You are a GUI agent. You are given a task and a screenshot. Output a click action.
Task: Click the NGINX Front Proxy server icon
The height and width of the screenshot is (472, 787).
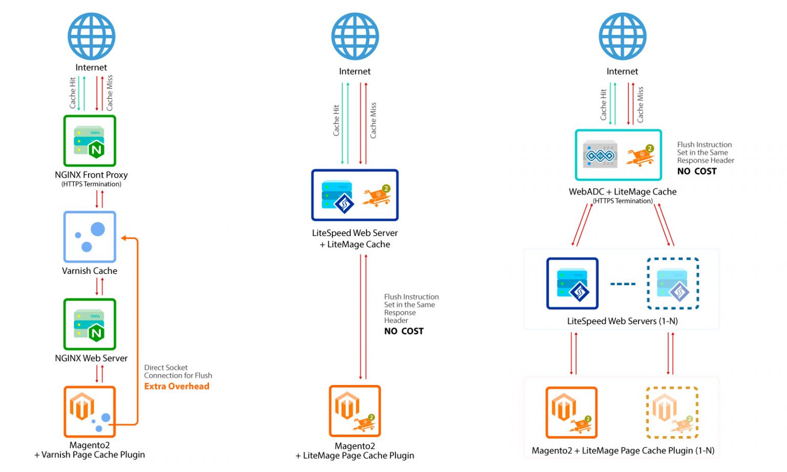pyautogui.click(x=90, y=141)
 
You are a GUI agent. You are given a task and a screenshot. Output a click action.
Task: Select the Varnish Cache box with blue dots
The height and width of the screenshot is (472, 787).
pyautogui.click(x=90, y=237)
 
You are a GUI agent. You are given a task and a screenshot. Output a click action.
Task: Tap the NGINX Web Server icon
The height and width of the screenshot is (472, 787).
pyautogui.click(x=90, y=324)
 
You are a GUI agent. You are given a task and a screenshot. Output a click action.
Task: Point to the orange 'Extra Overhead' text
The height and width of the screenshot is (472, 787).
pyautogui.click(x=177, y=387)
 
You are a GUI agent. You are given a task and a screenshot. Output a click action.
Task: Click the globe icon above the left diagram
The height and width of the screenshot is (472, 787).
pyautogui.click(x=91, y=36)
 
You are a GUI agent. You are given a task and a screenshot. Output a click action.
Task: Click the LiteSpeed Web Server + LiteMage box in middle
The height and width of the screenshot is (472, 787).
pyautogui.click(x=355, y=195)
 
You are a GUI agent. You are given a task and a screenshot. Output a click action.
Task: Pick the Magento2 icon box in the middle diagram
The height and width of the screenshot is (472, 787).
pyautogui.click(x=355, y=411)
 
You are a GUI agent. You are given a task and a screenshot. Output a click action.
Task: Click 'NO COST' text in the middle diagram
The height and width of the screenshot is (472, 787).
pyautogui.click(x=404, y=331)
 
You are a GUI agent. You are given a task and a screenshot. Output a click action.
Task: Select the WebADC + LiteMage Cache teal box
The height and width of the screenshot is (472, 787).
pyautogui.click(x=618, y=155)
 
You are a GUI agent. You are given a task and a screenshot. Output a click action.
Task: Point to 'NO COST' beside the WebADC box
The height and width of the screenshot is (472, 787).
pyautogui.click(x=697, y=171)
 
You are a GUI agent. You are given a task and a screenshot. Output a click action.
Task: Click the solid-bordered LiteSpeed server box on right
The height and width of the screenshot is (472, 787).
pyautogui.click(x=572, y=284)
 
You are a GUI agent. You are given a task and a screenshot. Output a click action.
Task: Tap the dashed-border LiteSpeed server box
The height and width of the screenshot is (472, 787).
pyautogui.click(x=673, y=284)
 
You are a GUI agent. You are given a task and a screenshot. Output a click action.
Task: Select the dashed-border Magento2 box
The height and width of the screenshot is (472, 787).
pyautogui.click(x=672, y=413)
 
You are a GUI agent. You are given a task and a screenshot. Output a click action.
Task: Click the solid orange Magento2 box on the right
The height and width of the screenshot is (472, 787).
pyautogui.click(x=571, y=413)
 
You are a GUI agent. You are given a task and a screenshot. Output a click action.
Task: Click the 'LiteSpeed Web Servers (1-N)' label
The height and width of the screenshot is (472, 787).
pyautogui.click(x=622, y=321)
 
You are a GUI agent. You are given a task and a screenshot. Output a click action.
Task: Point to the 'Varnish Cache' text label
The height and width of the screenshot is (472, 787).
pyautogui.click(x=90, y=271)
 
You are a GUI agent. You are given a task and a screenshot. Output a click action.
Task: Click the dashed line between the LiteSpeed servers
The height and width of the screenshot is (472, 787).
pyautogui.click(x=623, y=284)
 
